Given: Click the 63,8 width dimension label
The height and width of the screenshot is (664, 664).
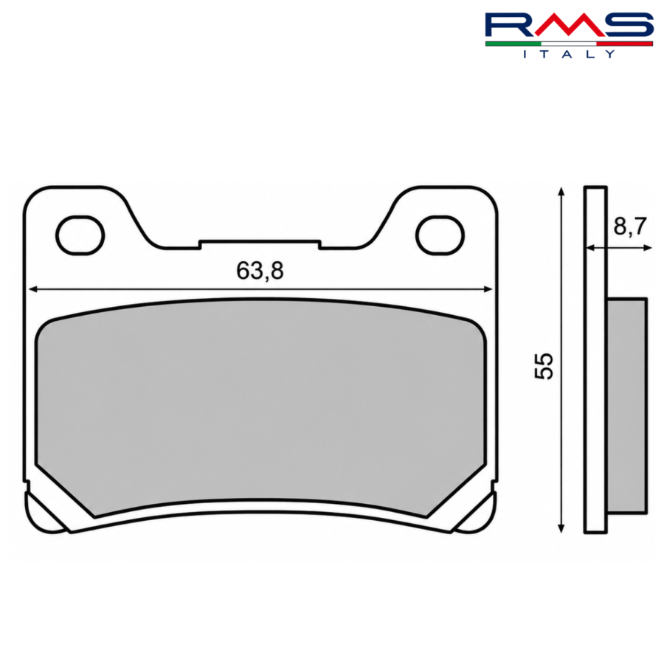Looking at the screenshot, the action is pos(260,271).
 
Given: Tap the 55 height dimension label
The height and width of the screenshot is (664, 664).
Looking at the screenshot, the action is pos(544,366).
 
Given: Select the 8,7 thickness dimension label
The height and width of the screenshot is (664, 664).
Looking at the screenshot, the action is pos(630,226).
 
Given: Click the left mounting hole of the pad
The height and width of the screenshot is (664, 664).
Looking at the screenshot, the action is pos(80,235).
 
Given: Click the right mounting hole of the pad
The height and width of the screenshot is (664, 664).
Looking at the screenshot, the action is pos(440,235).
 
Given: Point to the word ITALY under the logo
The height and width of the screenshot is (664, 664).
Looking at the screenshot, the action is pos(569,54).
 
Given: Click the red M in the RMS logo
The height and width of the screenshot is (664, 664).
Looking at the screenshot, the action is pos(569,24).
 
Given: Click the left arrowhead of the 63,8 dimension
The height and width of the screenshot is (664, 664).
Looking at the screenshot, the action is pos(33,289).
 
